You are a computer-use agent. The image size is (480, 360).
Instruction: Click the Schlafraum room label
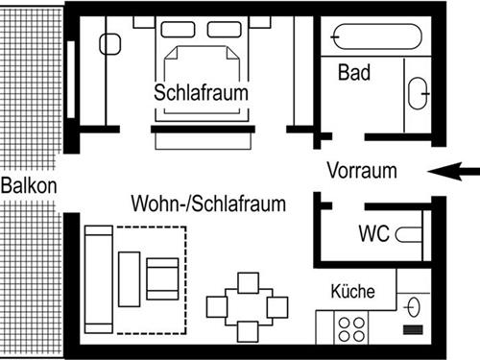pos(202,93)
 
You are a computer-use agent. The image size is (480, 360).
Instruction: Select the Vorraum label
pos(361,172)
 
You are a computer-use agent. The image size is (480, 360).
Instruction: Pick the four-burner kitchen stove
pos(351,327)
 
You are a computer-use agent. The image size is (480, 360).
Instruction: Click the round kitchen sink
pos(414,306)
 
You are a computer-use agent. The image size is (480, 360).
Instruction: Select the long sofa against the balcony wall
pos(97,276)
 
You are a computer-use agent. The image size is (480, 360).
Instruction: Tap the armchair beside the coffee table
pos(162,277)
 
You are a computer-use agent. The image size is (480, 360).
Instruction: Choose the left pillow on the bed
pos(179,30)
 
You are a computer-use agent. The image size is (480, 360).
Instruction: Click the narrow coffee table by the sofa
pos(130,277)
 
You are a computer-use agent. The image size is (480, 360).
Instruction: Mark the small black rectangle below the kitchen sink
pos(415,329)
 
